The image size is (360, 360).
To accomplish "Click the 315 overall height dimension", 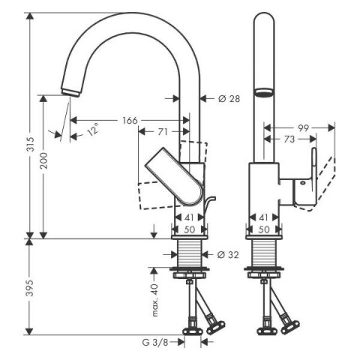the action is pos(30,145).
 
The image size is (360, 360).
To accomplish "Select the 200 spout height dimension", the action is pos(43,160).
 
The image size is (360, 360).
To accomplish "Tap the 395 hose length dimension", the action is pos(30,288).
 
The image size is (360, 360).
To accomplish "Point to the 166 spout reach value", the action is pos(130,120).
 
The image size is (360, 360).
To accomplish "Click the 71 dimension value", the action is pos(163,131).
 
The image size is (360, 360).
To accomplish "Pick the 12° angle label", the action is pos(93,129).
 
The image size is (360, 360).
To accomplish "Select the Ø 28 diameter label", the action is pos(229,99).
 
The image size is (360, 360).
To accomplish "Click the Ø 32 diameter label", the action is pos(228,255).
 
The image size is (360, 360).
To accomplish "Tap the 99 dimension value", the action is pos(303,128).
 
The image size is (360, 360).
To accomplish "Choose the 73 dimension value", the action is pos(289,139).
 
